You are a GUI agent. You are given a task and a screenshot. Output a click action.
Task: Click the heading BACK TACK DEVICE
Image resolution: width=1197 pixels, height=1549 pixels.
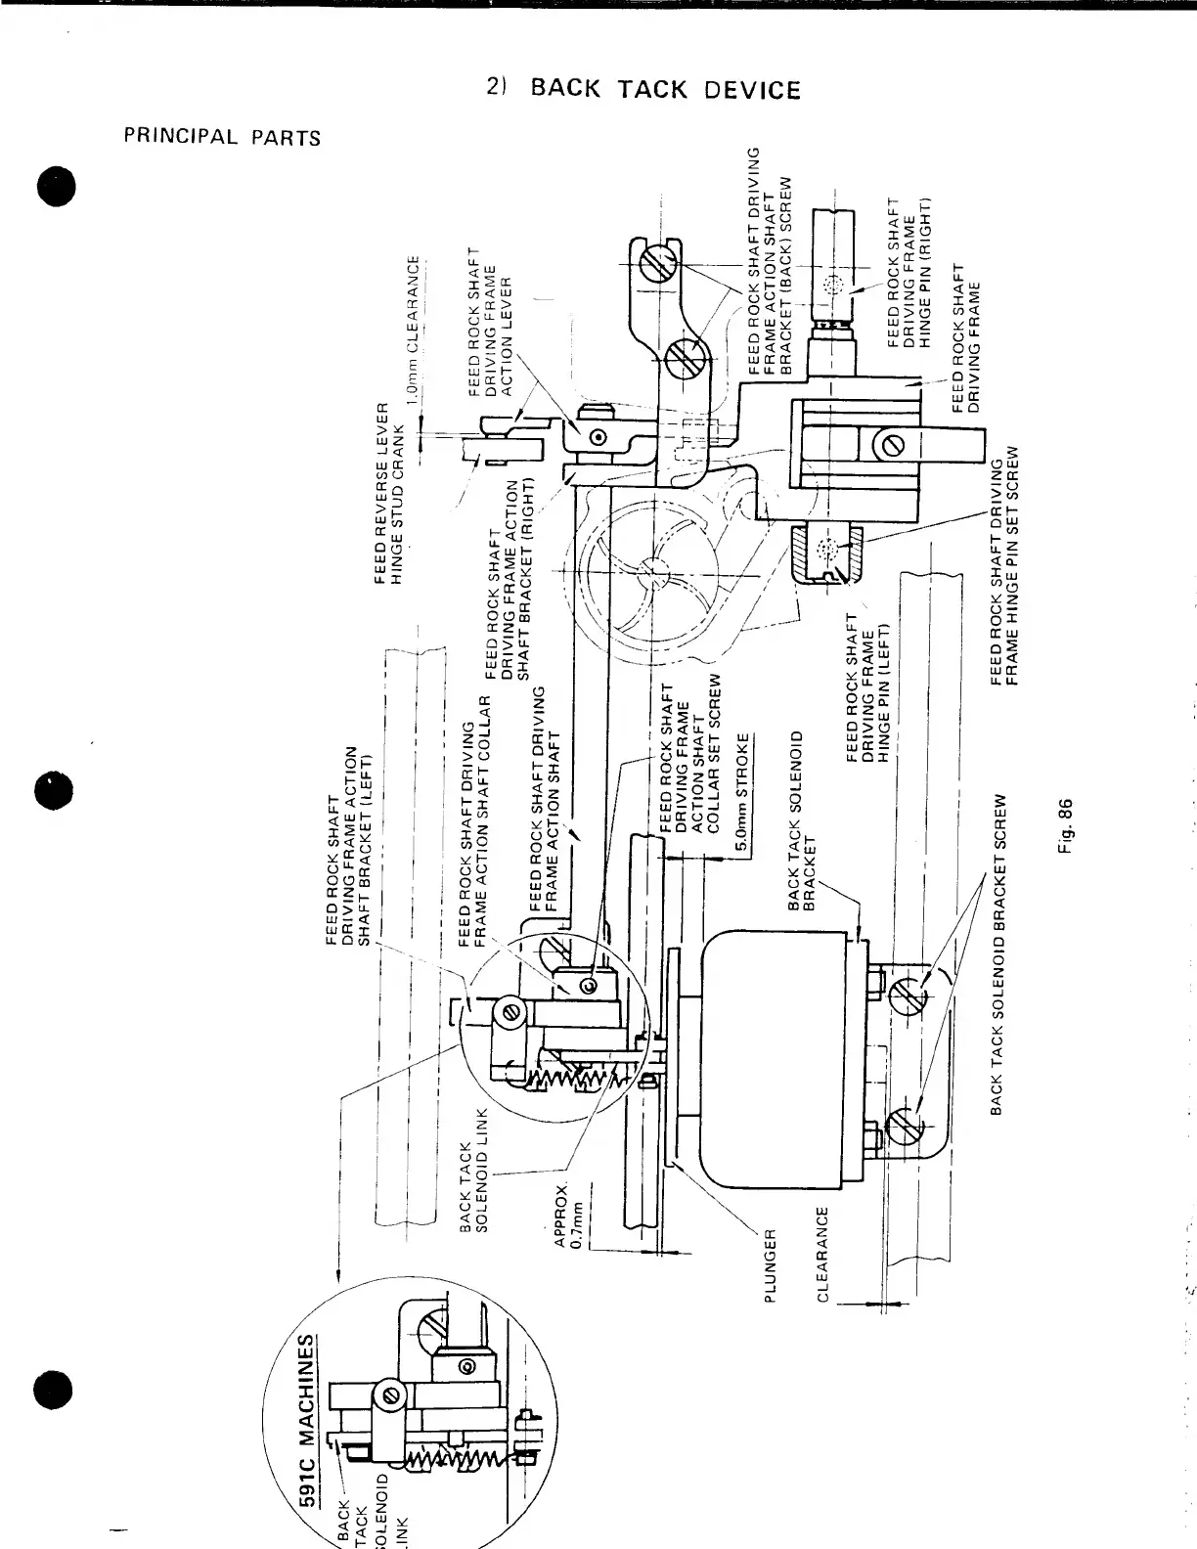pyautogui.click(x=665, y=90)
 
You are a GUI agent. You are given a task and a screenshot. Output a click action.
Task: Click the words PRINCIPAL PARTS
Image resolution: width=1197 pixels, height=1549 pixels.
pyautogui.click(x=222, y=137)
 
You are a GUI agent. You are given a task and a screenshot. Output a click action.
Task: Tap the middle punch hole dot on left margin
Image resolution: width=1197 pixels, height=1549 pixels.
pyautogui.click(x=55, y=791)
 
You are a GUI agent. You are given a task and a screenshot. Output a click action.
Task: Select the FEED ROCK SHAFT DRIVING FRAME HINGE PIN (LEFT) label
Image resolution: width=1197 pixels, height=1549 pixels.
pyautogui.click(x=866, y=690)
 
